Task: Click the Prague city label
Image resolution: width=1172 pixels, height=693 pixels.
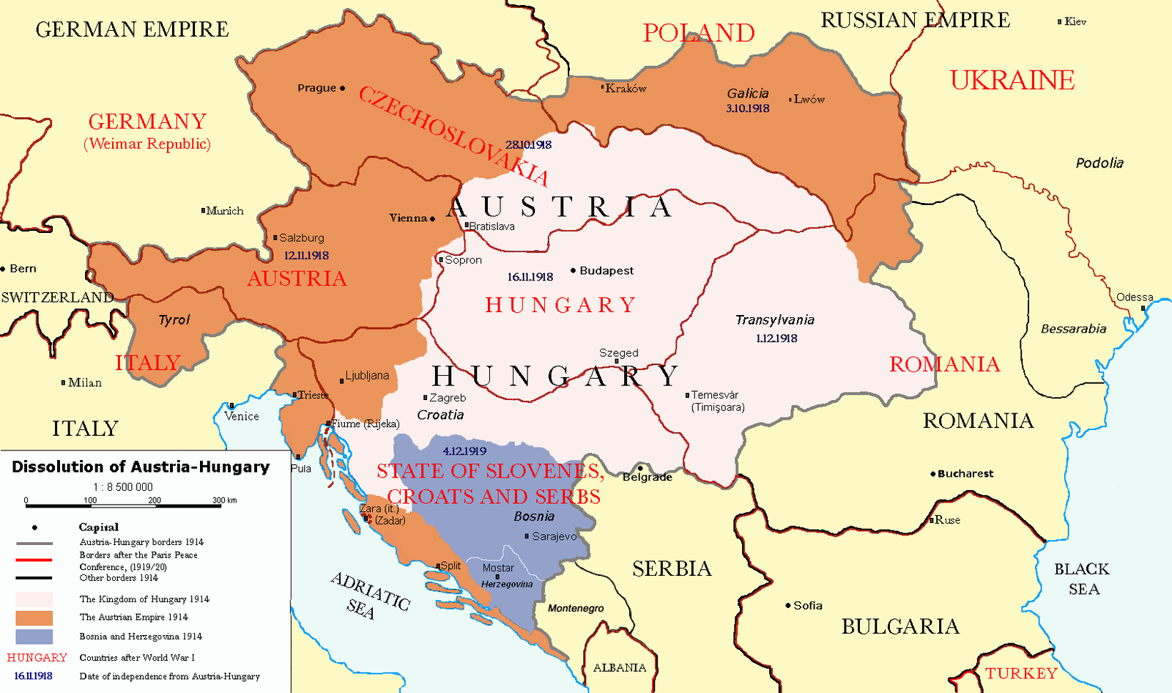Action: point(316,88)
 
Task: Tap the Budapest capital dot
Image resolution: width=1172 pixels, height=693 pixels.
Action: point(573,270)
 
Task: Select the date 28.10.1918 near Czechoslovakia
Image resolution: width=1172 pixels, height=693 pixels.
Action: point(528,145)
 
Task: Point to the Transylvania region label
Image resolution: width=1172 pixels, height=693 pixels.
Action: point(775,320)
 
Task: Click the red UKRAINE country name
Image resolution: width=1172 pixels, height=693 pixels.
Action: point(1012,80)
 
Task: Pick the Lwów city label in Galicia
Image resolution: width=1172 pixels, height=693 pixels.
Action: point(809,99)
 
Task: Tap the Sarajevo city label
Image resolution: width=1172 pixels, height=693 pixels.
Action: point(554,536)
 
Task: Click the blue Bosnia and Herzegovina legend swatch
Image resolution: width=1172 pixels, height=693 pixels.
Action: point(34,637)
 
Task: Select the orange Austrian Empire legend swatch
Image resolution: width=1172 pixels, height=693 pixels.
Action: point(34,618)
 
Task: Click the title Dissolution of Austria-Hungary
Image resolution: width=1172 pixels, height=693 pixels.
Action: point(141,467)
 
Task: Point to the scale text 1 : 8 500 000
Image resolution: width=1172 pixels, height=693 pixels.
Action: point(123,487)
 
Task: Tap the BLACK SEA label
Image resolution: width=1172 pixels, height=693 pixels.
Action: point(1082,579)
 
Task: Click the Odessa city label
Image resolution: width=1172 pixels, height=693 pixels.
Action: point(1135,297)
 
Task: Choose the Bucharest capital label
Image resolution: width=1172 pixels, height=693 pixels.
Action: point(965,474)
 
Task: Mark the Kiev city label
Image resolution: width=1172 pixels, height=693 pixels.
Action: point(1075,21)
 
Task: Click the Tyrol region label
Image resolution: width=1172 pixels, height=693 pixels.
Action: point(174,320)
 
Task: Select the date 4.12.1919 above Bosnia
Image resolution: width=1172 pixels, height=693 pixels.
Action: point(464,451)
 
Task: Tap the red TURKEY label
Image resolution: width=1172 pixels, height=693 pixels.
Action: point(1021,673)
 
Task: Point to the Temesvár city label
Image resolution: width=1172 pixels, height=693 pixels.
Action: point(715,395)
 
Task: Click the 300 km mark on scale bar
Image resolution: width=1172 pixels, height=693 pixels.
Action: point(224,501)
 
